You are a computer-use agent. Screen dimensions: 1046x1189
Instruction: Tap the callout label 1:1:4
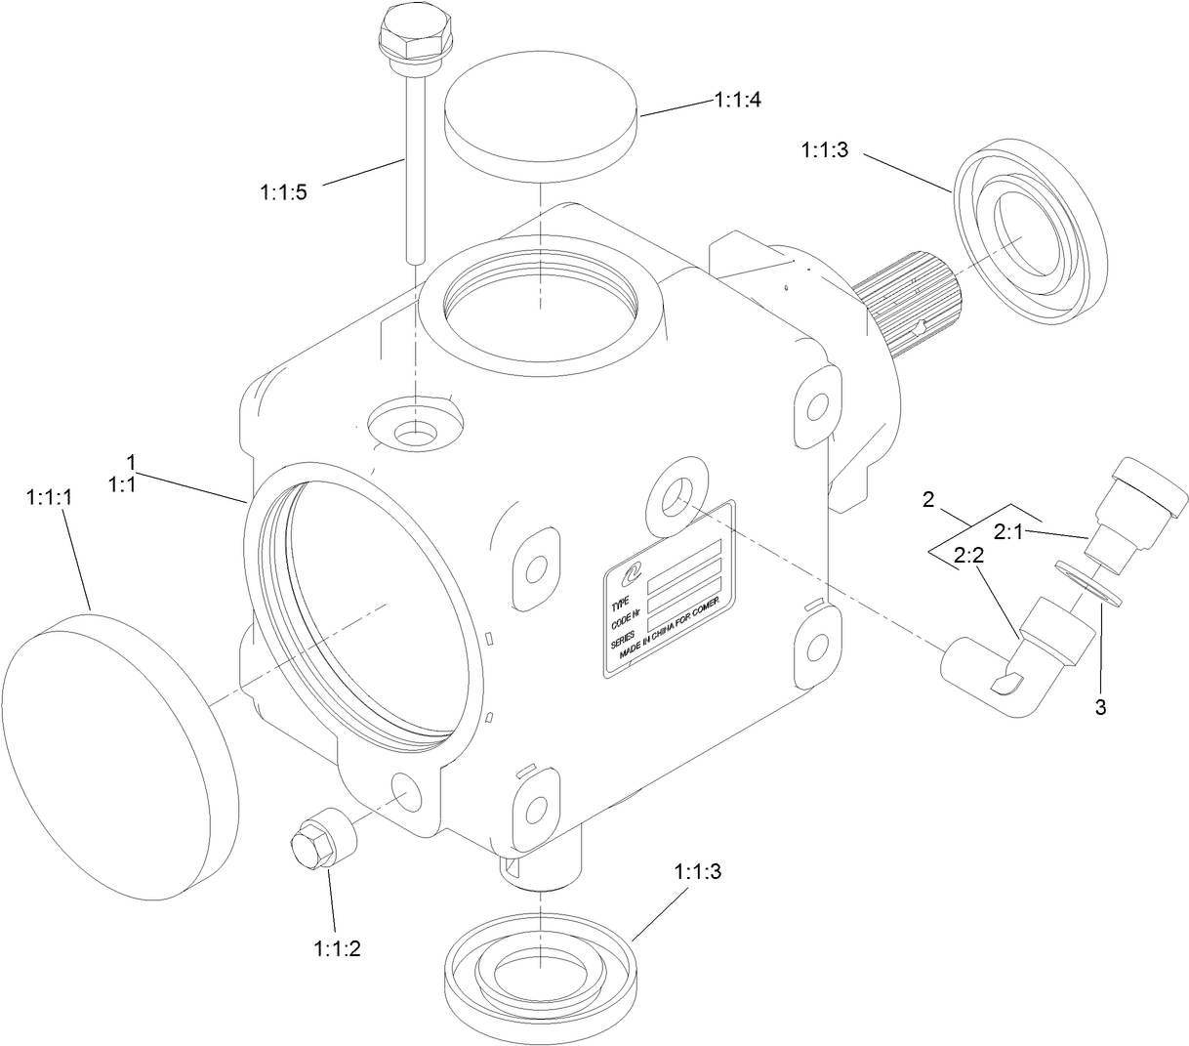739,100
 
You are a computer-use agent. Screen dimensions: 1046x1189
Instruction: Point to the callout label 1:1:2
338,947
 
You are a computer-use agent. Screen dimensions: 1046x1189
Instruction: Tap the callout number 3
1100,708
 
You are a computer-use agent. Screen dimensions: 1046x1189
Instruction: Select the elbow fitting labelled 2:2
1015,664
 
